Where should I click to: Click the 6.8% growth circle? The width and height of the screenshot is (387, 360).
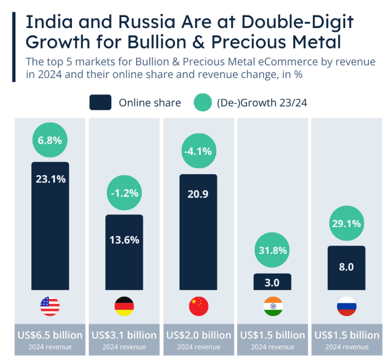(50, 140)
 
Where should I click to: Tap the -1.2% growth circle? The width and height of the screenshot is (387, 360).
(125, 193)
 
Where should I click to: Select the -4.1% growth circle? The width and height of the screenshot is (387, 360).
(199, 151)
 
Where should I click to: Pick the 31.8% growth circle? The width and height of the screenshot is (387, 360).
(272, 250)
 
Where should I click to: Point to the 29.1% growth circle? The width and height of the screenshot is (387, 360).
(346, 223)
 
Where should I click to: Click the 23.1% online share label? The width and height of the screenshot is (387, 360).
(51, 179)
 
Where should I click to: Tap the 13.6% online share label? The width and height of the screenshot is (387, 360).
(125, 240)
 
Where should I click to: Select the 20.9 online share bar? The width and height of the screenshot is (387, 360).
(198, 232)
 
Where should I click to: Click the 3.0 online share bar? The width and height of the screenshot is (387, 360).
(272, 281)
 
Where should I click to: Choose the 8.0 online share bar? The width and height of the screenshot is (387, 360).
(346, 268)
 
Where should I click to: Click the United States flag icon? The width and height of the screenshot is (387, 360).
(50, 306)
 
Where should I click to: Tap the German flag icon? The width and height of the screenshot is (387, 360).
(125, 306)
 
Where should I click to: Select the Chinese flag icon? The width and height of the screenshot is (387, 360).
(199, 306)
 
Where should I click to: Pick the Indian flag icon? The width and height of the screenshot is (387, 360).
(273, 306)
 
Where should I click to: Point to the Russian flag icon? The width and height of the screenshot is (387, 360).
(346, 306)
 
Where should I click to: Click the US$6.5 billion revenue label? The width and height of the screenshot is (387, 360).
(50, 335)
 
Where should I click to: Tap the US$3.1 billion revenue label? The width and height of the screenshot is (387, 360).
(124, 335)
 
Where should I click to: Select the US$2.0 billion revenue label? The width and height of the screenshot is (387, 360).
(199, 335)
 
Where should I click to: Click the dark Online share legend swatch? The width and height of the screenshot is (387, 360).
(100, 102)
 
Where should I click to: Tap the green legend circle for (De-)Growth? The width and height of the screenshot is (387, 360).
(203, 102)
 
